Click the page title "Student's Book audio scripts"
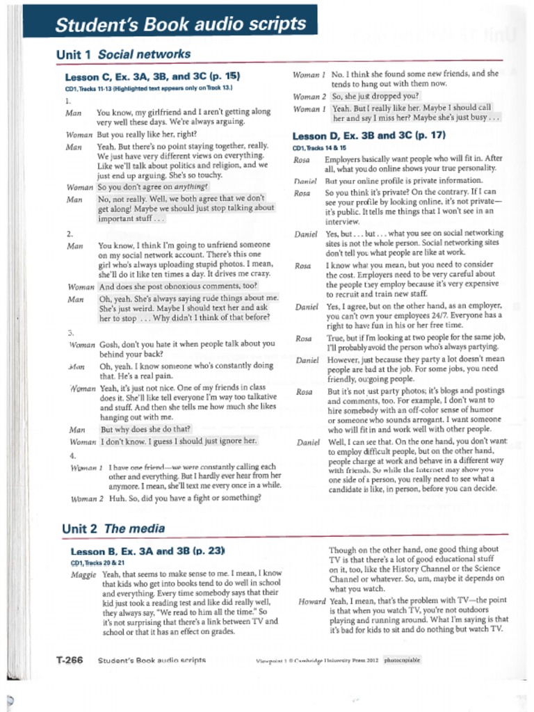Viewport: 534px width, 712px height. pyautogui.click(x=180, y=25)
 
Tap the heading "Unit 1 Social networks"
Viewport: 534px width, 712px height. pyautogui.click(x=123, y=54)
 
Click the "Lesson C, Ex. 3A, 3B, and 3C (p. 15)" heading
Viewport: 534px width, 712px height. pyautogui.click(x=152, y=77)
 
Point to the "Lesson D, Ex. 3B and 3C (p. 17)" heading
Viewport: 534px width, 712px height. pyautogui.click(x=369, y=136)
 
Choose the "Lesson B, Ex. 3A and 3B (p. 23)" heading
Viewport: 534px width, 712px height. pyautogui.click(x=148, y=551)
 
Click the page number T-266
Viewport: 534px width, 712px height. pyautogui.click(x=70, y=659)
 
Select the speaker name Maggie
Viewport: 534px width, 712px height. pyautogui.click(x=83, y=574)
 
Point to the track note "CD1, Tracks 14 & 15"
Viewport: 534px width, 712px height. pyautogui.click(x=322, y=148)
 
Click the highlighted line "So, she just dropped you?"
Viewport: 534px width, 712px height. pyautogui.click(x=375, y=97)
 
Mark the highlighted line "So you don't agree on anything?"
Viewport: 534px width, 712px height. pyautogui.click(x=154, y=187)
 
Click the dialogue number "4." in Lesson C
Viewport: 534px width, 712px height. pyautogui.click(x=73, y=455)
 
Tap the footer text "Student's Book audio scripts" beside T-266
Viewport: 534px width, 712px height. pyautogui.click(x=152, y=660)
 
